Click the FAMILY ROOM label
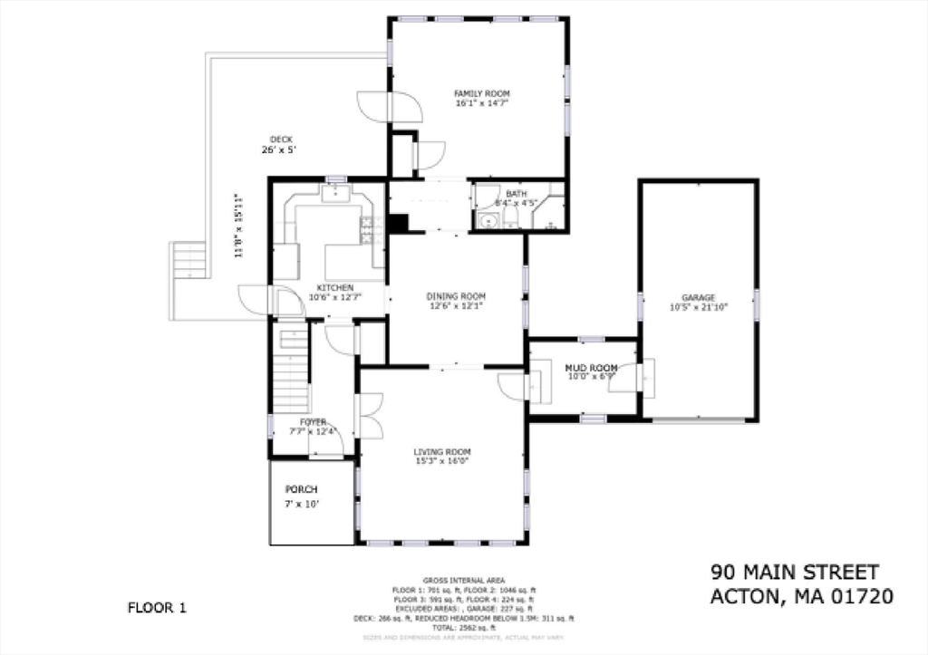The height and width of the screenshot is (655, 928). click(x=481, y=93)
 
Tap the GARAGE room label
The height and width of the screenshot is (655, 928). click(x=698, y=297)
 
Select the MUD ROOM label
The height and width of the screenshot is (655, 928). click(x=591, y=368)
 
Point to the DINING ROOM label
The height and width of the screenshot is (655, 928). click(x=456, y=296)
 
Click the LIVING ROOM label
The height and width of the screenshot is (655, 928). click(x=442, y=451)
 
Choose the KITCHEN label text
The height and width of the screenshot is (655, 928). click(x=328, y=287)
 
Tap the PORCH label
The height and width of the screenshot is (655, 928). click(x=302, y=489)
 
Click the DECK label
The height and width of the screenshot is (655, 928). click(x=281, y=139)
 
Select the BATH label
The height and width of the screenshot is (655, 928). click(x=516, y=194)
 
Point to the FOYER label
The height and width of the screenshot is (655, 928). click(x=313, y=422)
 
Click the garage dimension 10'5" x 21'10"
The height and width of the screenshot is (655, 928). click(x=698, y=307)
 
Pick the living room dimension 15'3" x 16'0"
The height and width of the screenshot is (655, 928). click(x=442, y=461)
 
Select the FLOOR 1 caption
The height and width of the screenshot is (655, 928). click(x=156, y=607)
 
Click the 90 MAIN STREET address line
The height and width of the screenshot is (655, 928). click(x=794, y=572)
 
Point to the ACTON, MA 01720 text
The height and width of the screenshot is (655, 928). click(x=801, y=596)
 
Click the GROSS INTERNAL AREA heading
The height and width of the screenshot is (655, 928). click(x=463, y=580)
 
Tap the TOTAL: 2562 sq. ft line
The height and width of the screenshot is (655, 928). click(x=463, y=627)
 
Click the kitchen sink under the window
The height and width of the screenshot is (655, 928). click(x=335, y=192)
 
